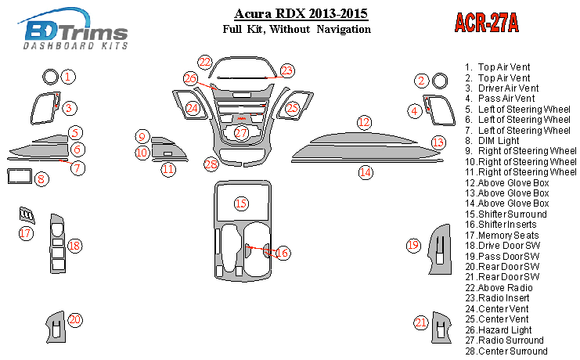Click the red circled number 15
point(241,203)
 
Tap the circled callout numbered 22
point(205,62)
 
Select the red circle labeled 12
point(364,122)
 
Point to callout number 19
point(413,246)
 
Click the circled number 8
point(41,179)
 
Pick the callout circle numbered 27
point(241,133)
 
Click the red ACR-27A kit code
point(487,23)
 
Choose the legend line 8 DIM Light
point(497,140)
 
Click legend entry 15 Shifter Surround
point(505,214)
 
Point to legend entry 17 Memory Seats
point(503,235)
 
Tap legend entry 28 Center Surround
point(506,351)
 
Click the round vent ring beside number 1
point(51,77)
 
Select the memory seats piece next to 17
point(27,214)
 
